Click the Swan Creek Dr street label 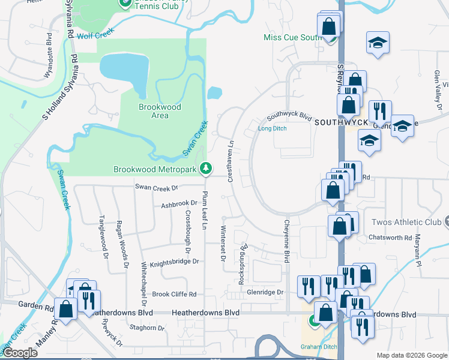pyautogui.click(x=157, y=188)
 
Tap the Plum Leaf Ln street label pyautogui.click(x=205, y=210)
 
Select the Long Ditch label pyautogui.click(x=273, y=128)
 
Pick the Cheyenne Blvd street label pyautogui.click(x=287, y=240)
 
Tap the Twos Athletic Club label pyautogui.click(x=406, y=222)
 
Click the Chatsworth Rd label pyautogui.click(x=391, y=238)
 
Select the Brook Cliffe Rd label pyautogui.click(x=174, y=294)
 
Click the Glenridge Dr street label pyautogui.click(x=264, y=292)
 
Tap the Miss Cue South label pyautogui.click(x=293, y=37)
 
